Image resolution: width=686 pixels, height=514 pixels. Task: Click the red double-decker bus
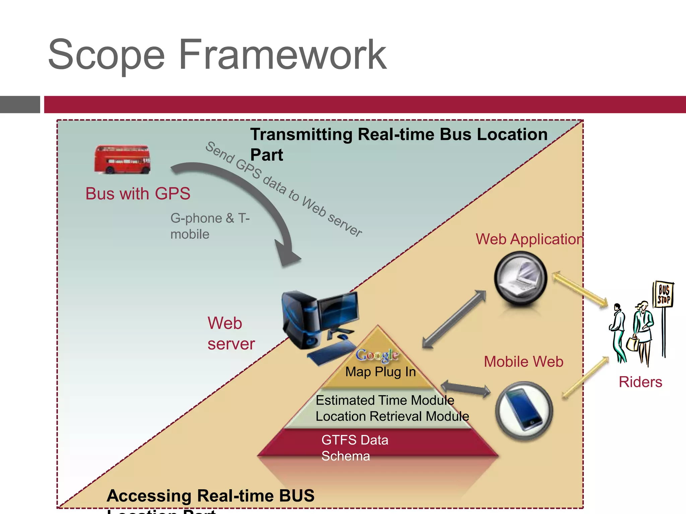(122, 160)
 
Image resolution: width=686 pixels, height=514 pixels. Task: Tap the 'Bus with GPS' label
(138, 194)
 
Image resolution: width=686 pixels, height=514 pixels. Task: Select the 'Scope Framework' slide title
(217, 55)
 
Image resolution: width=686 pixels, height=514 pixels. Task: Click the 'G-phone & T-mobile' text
(210, 226)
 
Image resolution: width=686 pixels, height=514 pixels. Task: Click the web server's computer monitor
(338, 311)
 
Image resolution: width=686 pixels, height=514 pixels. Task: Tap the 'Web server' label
(231, 333)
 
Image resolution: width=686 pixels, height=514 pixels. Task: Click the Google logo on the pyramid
(377, 355)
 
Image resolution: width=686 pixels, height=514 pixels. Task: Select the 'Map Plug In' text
(381, 372)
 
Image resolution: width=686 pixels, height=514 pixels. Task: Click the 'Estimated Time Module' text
(385, 400)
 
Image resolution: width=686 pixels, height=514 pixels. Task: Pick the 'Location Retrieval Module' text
(392, 416)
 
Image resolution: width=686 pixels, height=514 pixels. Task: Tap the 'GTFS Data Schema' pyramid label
(354, 448)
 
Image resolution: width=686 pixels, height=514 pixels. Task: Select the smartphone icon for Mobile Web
(524, 411)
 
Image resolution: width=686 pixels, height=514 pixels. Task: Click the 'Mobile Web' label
(524, 362)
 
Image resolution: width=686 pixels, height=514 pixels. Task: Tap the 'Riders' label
(640, 382)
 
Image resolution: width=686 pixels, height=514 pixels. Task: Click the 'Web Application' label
(530, 239)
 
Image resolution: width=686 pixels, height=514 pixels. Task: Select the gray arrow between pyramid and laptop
(454, 320)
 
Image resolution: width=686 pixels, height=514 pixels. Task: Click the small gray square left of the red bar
(20, 104)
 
